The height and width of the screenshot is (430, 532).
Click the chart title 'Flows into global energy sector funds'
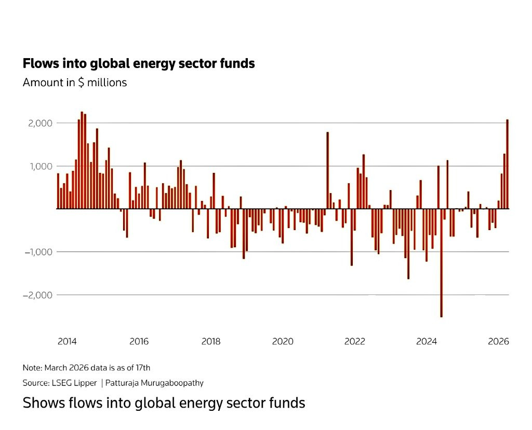click(x=139, y=63)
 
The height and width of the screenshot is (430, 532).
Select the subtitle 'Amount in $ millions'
click(x=75, y=82)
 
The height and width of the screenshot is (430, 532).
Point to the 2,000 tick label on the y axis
click(x=41, y=123)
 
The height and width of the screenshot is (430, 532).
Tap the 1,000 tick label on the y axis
click(x=41, y=166)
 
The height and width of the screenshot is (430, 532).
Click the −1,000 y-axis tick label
click(x=38, y=252)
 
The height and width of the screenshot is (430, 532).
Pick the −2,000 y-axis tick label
click(x=38, y=295)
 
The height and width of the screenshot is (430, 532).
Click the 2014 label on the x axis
click(x=67, y=341)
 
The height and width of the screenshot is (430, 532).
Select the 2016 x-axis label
click(x=139, y=341)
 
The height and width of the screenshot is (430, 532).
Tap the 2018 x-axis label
click(x=211, y=341)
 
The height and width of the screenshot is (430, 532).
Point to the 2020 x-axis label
click(x=283, y=341)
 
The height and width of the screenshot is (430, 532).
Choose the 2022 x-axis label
click(x=355, y=341)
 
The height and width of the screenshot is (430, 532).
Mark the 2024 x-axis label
click(x=427, y=341)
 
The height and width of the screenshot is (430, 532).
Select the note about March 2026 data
click(x=86, y=368)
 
